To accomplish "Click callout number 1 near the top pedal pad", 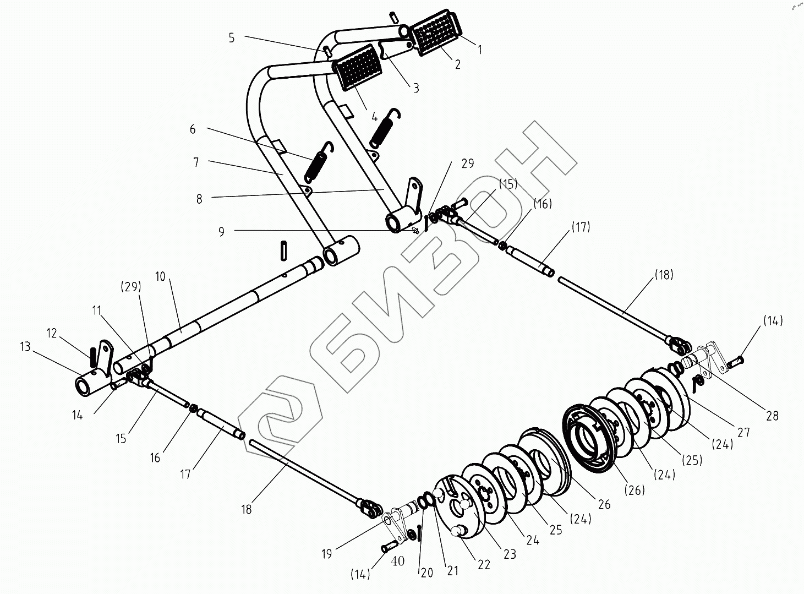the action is pos(480,50).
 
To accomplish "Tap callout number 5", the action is pos(232,37).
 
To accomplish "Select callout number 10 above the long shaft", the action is pos(160,276).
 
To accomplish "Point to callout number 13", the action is pos(25,347).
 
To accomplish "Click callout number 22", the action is pos(484,565).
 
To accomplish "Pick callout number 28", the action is pos(773,416).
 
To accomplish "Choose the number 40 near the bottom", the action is pos(398,561).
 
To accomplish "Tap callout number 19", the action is pos(327,553).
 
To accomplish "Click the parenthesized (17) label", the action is pos(580,227).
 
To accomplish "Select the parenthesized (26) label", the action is pos(634,489).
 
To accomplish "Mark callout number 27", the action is pos(743,433).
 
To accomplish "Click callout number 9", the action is pos(221,232).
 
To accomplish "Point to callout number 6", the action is pos(193,129).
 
